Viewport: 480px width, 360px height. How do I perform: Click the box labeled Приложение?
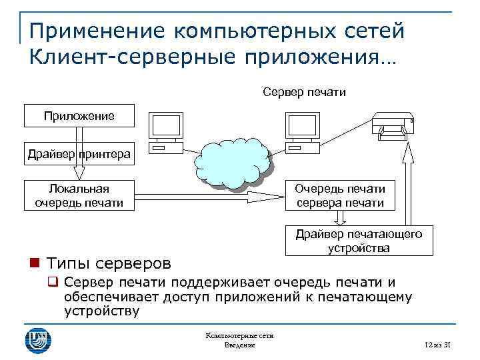point(79,116)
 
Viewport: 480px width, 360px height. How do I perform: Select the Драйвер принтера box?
point(79,155)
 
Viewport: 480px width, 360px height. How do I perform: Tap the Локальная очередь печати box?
point(79,195)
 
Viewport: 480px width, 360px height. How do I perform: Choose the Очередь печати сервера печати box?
point(339,195)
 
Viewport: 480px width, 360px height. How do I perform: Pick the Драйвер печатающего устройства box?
point(358,241)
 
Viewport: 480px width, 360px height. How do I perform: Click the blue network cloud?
point(234,163)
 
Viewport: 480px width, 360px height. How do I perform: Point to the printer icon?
point(393,127)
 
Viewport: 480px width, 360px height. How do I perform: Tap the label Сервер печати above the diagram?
point(304,91)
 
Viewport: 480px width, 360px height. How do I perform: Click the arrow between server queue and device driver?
point(340,218)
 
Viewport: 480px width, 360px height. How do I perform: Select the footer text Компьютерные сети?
point(239,337)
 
